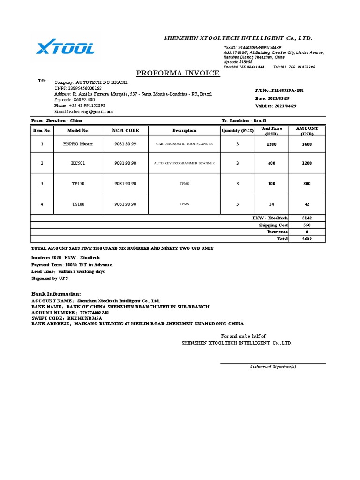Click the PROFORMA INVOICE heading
tap(178, 73)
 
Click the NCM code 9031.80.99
tap(125, 144)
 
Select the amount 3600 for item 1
tap(307, 144)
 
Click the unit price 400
tap(272, 163)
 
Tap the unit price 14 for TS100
tap(272, 204)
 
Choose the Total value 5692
tap(307, 239)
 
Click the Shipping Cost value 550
tap(307, 225)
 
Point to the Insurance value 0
tap(307, 232)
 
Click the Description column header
tap(184, 130)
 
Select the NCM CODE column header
tap(125, 130)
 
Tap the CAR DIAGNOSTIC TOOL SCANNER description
tap(184, 144)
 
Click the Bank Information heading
tap(56, 293)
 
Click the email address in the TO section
tap(83, 112)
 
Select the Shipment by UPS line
tap(49, 278)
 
